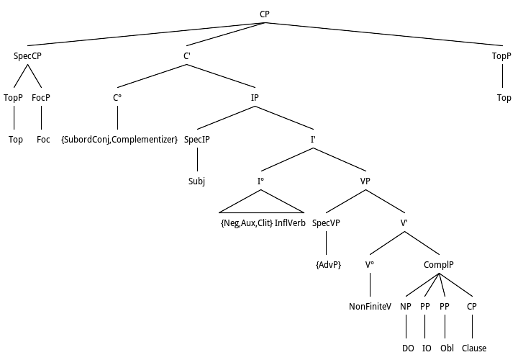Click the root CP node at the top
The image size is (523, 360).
[x=265, y=15]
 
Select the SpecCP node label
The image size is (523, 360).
[x=28, y=56]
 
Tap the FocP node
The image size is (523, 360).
[x=41, y=98]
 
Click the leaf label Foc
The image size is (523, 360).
[x=43, y=139]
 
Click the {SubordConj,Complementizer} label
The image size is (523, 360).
[x=119, y=139]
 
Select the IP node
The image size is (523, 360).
[x=255, y=98]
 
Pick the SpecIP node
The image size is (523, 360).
[x=197, y=139]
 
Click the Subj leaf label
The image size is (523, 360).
[x=197, y=181]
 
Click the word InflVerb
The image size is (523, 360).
[x=290, y=222]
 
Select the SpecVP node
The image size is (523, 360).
[x=326, y=222]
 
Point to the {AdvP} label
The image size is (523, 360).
[x=328, y=264]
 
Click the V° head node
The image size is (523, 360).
[x=370, y=264]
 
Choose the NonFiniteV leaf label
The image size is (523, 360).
[x=370, y=306]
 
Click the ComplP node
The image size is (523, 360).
[x=438, y=264]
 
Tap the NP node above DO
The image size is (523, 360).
[x=405, y=306]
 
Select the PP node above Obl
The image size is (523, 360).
[x=445, y=306]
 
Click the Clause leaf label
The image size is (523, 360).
[x=474, y=348]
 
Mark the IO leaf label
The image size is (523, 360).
[x=426, y=348]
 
